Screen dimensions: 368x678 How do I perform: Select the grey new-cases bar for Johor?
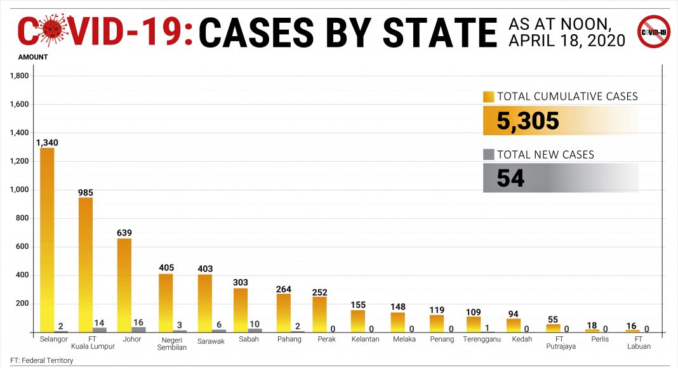tap(138, 329)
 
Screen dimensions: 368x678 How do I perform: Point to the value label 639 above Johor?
tap(124, 233)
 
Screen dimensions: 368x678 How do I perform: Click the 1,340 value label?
tap(47, 142)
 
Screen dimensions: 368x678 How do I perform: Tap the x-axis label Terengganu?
tap(481, 339)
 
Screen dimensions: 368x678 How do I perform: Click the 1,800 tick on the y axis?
tap(20, 76)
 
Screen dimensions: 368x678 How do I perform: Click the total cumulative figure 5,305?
tap(528, 121)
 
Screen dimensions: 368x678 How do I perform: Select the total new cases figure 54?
tap(510, 178)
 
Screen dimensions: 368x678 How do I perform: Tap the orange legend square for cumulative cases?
tap(488, 97)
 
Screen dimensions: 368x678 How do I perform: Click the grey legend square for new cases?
tap(488, 154)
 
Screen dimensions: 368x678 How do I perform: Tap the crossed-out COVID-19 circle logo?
tap(653, 32)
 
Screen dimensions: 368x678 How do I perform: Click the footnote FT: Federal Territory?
tap(41, 360)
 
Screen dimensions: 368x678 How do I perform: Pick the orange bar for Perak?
tap(319, 315)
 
